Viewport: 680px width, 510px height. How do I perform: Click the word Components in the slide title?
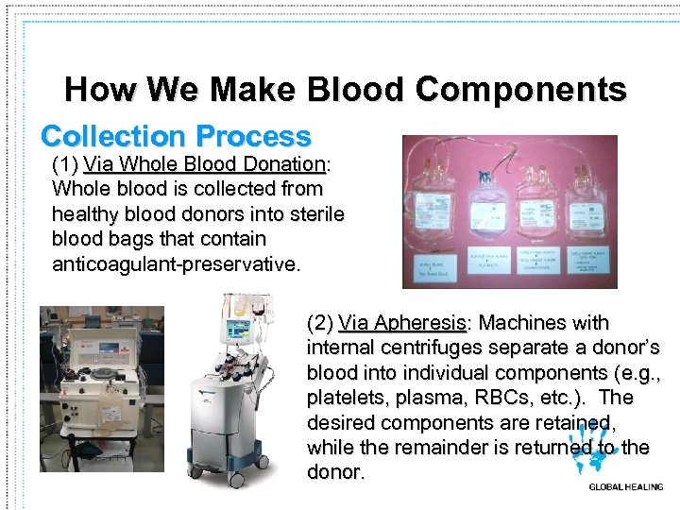tap(520, 90)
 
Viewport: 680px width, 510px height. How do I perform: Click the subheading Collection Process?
tap(176, 136)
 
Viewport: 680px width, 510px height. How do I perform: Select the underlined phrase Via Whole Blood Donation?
tap(204, 164)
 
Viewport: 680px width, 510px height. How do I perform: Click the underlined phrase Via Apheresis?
tap(402, 323)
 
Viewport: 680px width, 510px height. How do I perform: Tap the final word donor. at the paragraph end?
tap(335, 471)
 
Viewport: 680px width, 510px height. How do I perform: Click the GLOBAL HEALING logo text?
tap(625, 487)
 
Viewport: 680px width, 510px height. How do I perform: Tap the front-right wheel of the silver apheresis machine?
tap(274, 465)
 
